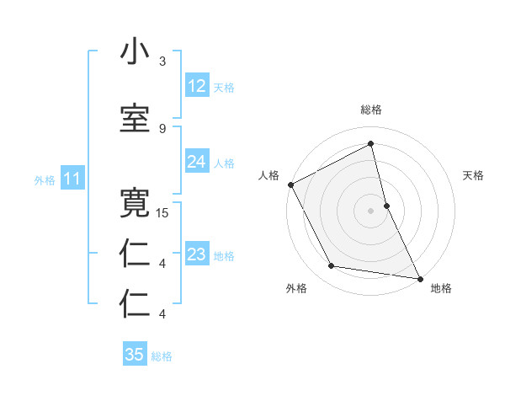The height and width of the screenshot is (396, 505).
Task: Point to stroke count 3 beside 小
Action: [162, 62]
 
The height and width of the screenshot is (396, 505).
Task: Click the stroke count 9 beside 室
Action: [162, 128]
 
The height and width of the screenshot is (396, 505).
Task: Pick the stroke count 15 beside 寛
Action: [162, 213]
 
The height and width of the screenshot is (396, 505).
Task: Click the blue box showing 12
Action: [197, 86]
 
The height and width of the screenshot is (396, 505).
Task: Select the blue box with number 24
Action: [197, 162]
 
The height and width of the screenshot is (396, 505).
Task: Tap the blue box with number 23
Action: [197, 254]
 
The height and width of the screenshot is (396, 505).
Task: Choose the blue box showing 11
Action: [72, 179]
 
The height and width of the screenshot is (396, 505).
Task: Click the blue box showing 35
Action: [135, 355]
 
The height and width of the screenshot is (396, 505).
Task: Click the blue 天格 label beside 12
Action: [224, 88]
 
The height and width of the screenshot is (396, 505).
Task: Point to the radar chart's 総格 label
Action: [371, 110]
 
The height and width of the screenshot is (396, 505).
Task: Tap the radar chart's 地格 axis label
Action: [441, 288]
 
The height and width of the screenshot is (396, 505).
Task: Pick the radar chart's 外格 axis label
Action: [296, 288]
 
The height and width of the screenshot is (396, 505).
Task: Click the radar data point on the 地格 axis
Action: [419, 277]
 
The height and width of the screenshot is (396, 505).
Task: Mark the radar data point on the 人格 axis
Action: [290, 185]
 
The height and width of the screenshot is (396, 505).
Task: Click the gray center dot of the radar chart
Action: [371, 210]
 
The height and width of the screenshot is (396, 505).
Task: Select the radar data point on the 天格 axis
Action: [386, 205]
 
